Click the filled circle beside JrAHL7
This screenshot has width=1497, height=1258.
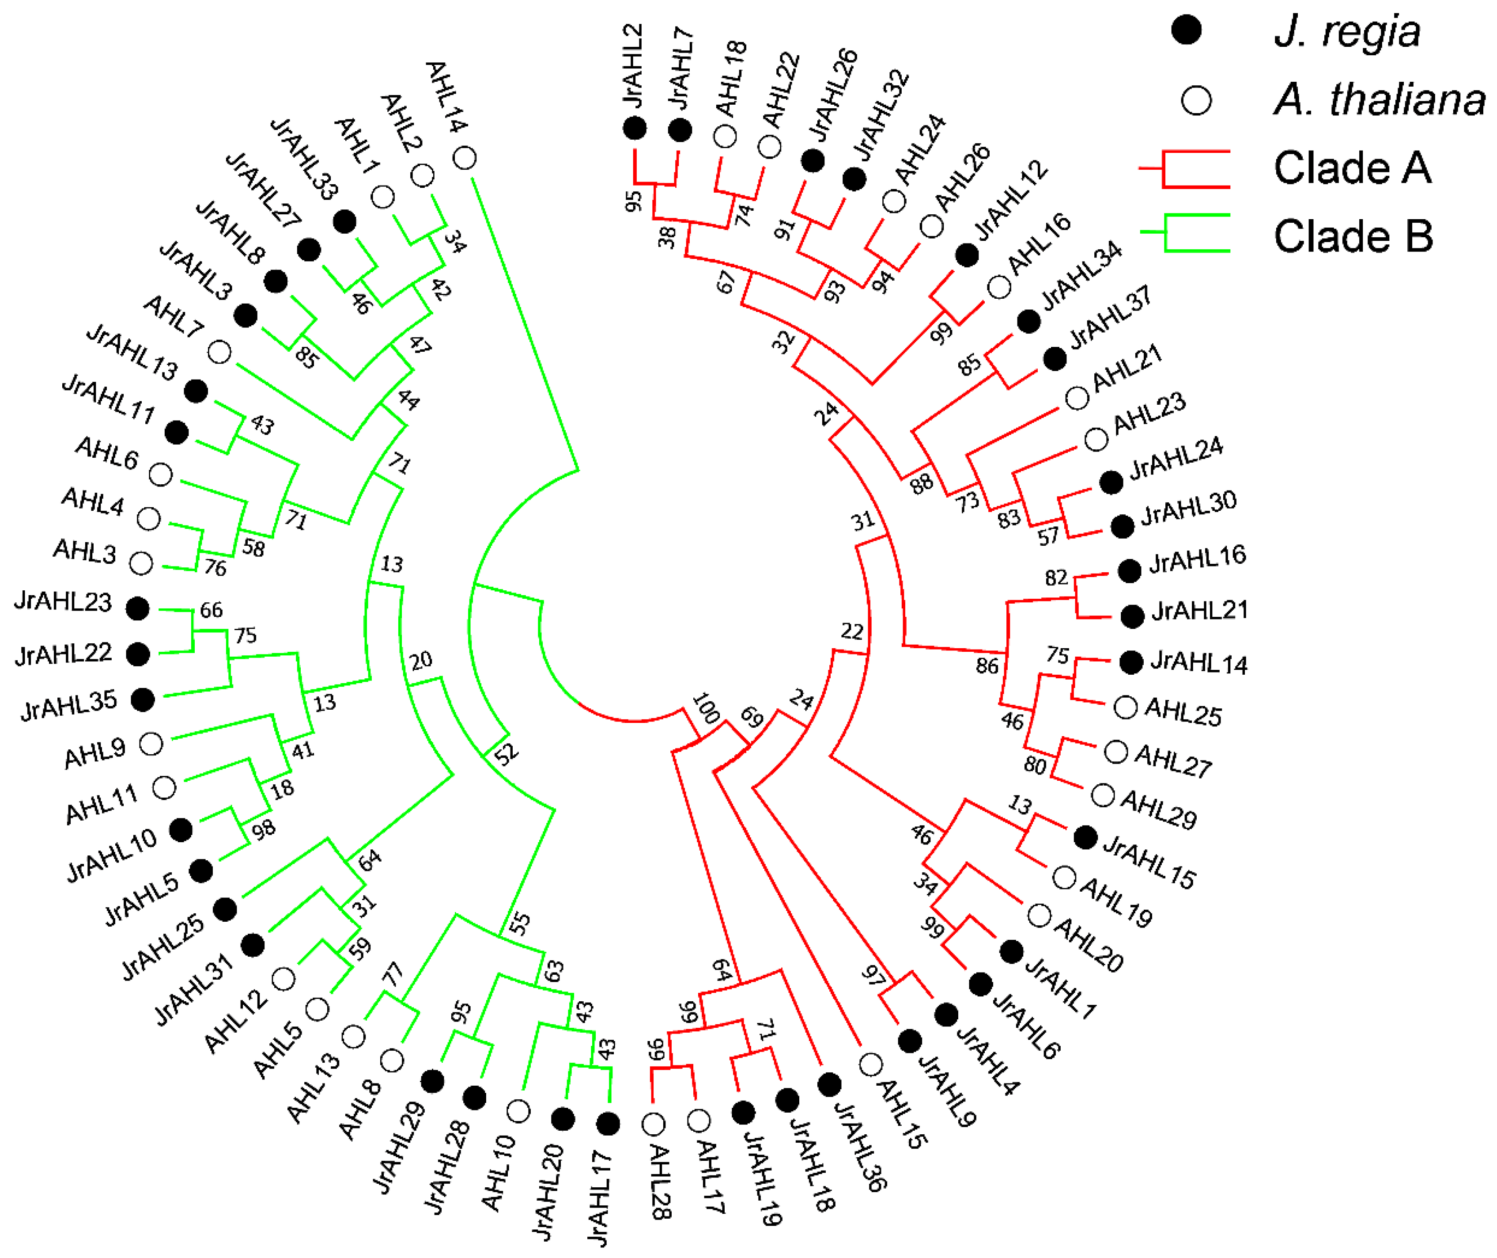click(680, 130)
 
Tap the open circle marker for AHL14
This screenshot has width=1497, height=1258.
click(465, 158)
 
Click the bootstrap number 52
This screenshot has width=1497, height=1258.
click(506, 754)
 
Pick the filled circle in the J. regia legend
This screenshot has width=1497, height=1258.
click(1186, 30)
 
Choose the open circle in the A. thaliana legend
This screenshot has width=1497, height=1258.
click(1196, 101)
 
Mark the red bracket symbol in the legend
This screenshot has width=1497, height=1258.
click(1184, 169)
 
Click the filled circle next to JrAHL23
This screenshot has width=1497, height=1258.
click(138, 608)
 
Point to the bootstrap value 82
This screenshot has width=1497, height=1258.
click(1056, 577)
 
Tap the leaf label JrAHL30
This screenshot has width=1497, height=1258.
click(1188, 507)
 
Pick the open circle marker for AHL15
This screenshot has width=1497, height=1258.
click(870, 1065)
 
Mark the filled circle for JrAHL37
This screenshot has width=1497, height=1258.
click(1055, 359)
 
